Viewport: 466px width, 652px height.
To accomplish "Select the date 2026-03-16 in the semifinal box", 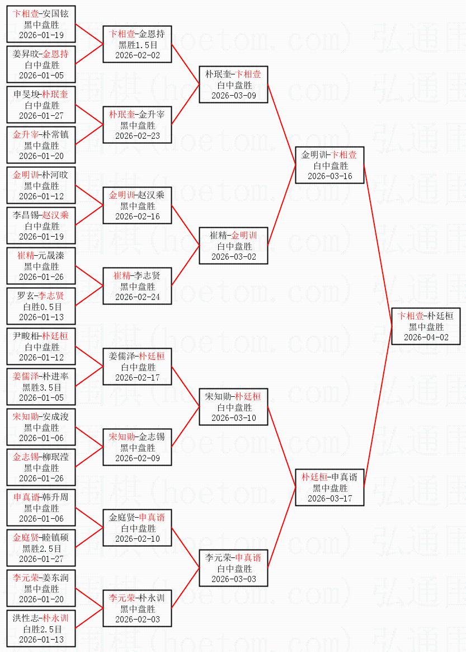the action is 330,176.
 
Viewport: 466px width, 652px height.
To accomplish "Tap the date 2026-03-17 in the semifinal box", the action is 330,499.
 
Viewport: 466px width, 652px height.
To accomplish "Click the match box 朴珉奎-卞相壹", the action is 233,85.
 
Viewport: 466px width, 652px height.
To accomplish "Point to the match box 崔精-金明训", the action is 233,246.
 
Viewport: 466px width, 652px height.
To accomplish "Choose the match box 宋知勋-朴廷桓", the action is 233,407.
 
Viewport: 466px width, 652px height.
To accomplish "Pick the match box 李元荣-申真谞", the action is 233,568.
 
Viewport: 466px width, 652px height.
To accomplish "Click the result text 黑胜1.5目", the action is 138,45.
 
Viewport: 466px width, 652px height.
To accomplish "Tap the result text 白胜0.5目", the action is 42,307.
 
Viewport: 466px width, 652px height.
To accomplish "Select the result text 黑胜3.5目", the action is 42,387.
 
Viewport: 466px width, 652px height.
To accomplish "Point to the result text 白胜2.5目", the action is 42,629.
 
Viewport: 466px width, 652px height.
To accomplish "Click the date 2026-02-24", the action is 138,297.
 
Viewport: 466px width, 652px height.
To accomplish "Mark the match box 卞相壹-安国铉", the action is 41,24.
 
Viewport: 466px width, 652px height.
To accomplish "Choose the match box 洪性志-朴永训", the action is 41,628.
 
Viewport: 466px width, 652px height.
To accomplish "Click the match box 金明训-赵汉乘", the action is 138,205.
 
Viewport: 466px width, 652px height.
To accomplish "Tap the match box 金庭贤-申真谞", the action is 138,528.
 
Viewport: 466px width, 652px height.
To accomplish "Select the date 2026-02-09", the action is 138,458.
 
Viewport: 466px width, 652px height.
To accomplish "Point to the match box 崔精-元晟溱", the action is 41,266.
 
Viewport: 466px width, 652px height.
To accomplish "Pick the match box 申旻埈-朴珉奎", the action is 41,105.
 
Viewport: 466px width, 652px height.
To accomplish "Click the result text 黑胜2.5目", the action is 42,548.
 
